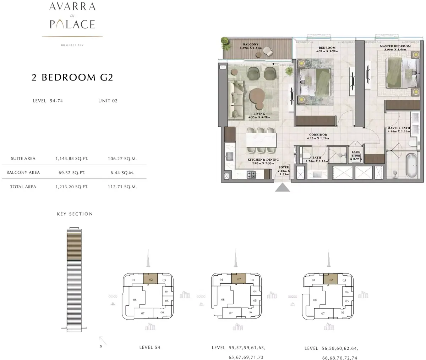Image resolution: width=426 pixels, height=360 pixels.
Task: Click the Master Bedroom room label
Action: coord(395,46)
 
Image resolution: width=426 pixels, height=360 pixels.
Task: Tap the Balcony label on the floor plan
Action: coord(251,44)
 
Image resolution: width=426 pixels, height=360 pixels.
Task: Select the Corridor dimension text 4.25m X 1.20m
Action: coord(318,138)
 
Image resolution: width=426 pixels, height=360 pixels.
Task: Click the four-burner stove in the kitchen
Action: coord(251,175)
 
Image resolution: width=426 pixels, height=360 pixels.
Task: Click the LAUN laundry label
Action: coord(356,152)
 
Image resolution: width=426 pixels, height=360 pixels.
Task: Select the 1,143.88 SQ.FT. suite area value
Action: coord(72,159)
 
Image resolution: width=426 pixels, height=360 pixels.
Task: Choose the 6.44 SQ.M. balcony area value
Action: coord(122,173)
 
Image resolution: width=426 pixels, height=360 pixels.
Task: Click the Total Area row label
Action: coord(23,187)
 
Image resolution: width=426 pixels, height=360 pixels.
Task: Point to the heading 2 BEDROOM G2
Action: coord(72,77)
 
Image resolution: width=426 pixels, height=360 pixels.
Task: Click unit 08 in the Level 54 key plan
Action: coord(135,300)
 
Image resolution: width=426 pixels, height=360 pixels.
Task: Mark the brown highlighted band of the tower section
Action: coord(74,246)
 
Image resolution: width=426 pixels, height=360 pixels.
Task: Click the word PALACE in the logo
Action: coord(72,24)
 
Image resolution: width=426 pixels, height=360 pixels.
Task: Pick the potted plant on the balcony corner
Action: coord(225,44)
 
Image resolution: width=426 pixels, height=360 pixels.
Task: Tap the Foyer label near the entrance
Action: coord(284,167)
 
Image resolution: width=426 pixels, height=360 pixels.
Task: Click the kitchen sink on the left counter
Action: coord(230,156)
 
